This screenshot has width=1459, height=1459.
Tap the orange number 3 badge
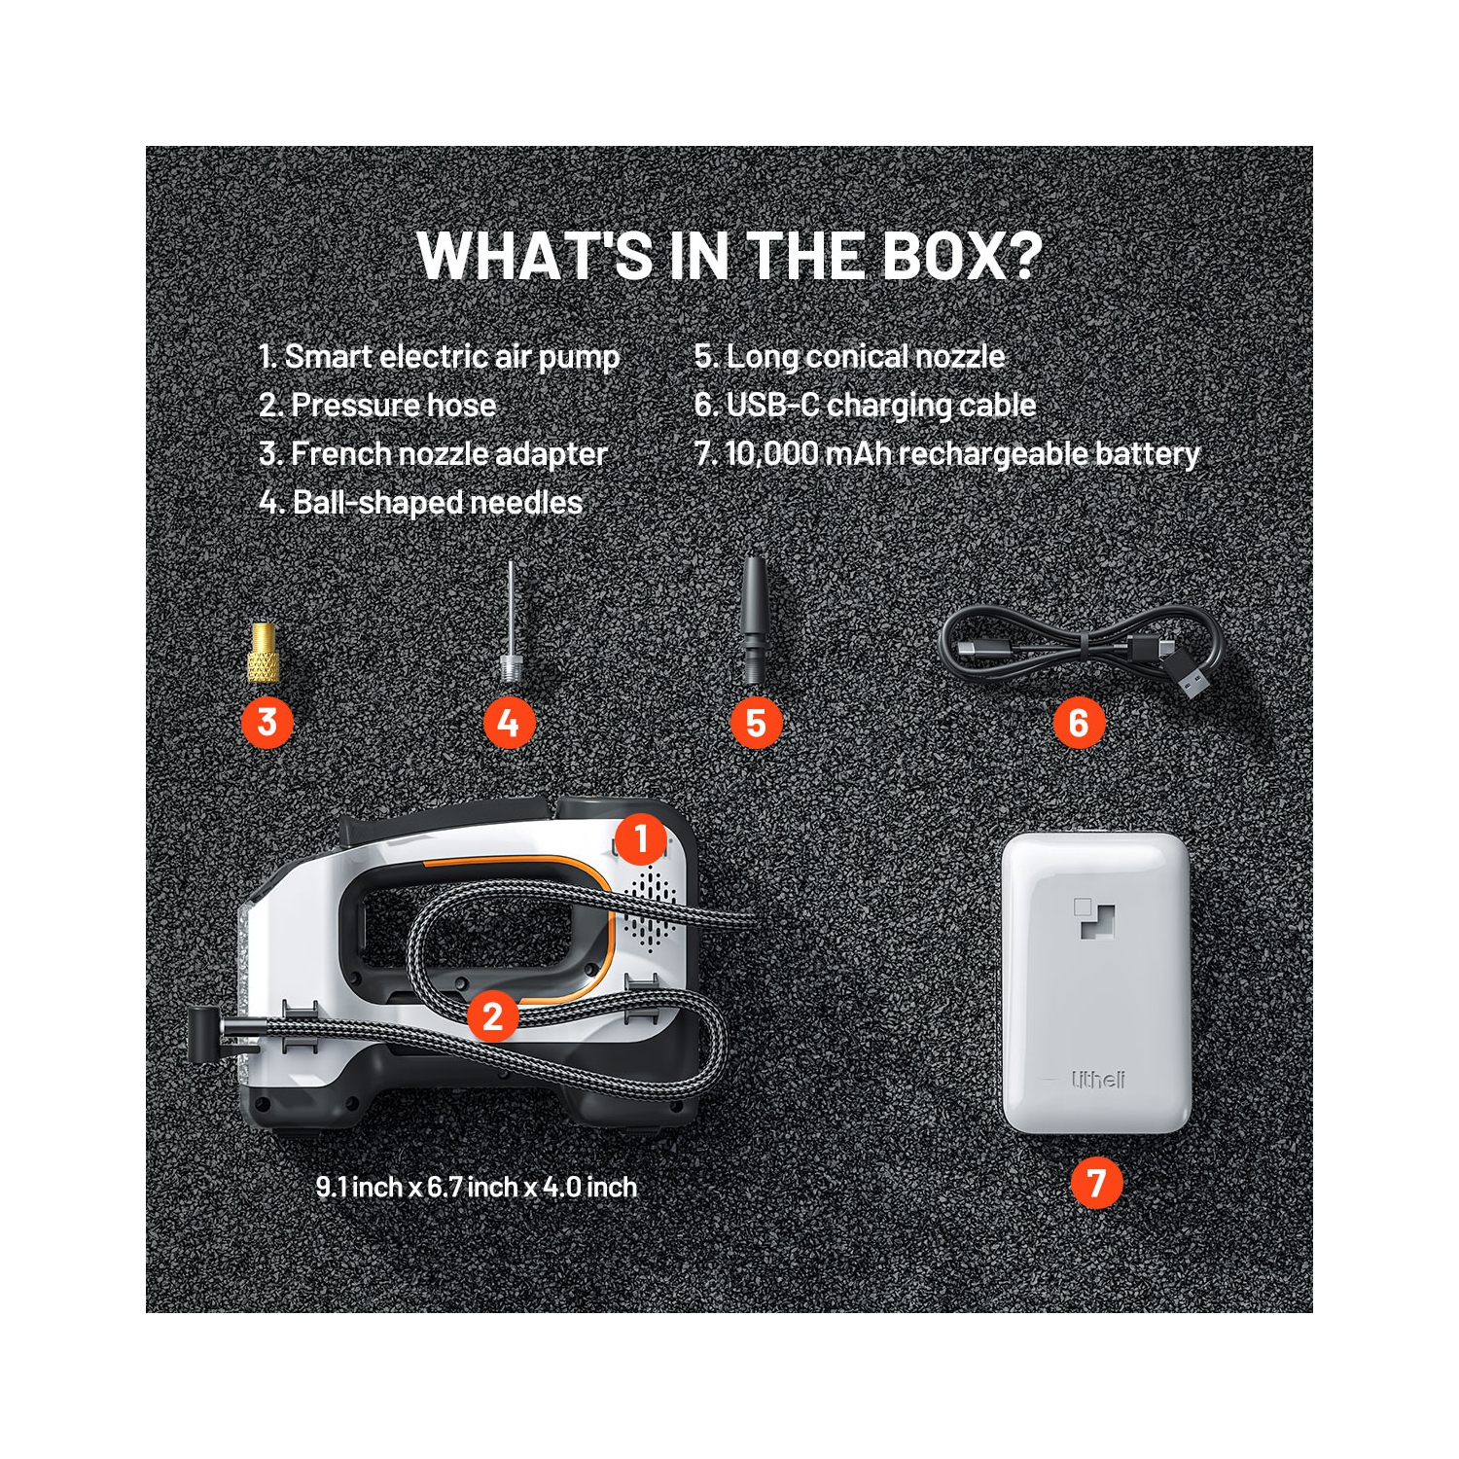[x=267, y=723]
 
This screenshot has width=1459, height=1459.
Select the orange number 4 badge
[x=509, y=723]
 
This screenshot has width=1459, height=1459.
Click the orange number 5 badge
[x=756, y=723]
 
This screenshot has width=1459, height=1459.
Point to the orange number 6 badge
[x=1079, y=723]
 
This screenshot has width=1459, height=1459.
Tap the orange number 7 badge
[x=1096, y=1183]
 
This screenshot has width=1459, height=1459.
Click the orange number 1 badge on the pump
[x=640, y=838]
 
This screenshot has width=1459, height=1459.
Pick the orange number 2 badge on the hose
[x=493, y=1016]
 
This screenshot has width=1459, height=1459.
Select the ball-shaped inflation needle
[x=511, y=623]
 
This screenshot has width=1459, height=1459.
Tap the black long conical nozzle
[x=754, y=619]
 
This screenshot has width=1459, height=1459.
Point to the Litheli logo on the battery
[x=1098, y=1080]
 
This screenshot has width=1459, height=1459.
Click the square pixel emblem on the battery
[x=1094, y=918]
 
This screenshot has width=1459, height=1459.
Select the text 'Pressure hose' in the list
[x=394, y=406]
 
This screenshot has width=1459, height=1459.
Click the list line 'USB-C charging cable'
[x=865, y=406]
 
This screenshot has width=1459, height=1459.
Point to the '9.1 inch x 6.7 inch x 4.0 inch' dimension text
[x=477, y=1188]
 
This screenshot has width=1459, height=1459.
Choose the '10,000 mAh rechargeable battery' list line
[x=946, y=454]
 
